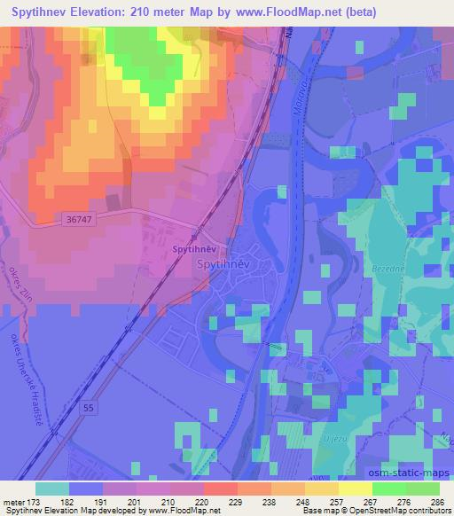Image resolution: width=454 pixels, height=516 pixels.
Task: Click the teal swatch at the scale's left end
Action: point(51,489)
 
